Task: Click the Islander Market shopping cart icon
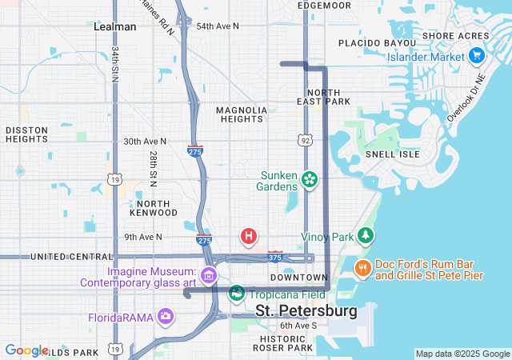pyautogui.click(x=477, y=56)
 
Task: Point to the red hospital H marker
pyautogui.click(x=249, y=236)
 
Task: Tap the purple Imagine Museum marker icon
pyautogui.click(x=209, y=276)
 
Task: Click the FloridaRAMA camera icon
pyautogui.click(x=166, y=315)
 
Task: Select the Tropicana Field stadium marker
pyautogui.click(x=236, y=294)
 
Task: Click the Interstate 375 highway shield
pyautogui.click(x=275, y=257)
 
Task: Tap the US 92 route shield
pyautogui.click(x=306, y=140)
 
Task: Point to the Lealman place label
pyautogui.click(x=115, y=26)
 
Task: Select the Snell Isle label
pyautogui.click(x=388, y=153)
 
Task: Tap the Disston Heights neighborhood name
pyautogui.click(x=26, y=134)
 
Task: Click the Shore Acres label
pyautogui.click(x=454, y=36)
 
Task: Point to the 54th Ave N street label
pyautogui.click(x=218, y=26)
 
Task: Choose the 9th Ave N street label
pyautogui.click(x=143, y=237)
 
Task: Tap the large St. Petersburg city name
pyautogui.click(x=306, y=310)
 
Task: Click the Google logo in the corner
pyautogui.click(x=27, y=350)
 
